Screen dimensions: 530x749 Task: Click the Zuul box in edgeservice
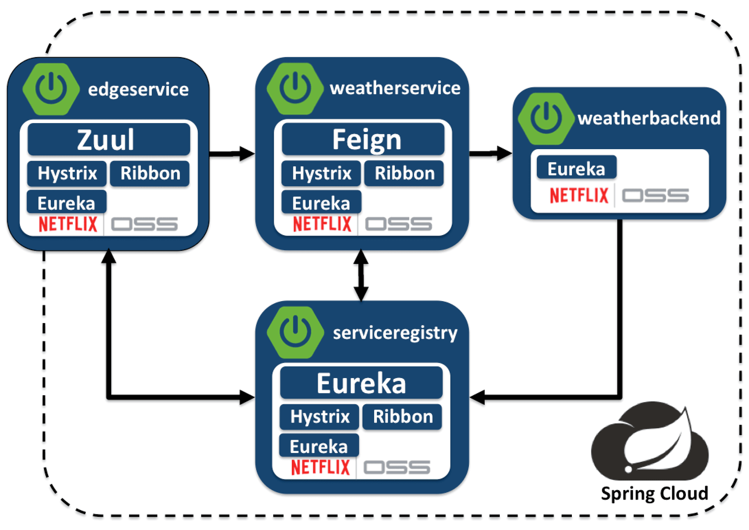[108, 139]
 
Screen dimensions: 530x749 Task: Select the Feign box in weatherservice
[363, 139]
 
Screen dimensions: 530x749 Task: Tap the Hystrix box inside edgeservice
[67, 173]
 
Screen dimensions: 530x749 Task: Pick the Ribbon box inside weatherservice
[404, 173]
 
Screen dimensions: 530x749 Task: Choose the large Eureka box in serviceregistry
[361, 383]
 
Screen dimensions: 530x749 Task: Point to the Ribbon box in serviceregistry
[403, 416]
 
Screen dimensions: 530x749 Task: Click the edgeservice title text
[138, 89]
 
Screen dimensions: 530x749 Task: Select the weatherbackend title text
[649, 118]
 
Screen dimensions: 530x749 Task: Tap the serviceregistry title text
[395, 333]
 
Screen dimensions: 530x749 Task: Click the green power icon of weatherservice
[295, 88]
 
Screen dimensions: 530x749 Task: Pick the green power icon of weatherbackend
[546, 118]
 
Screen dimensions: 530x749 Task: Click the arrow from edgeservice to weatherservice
[232, 153]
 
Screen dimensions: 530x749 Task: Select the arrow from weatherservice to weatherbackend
[490, 153]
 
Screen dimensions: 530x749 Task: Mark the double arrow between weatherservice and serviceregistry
[361, 275]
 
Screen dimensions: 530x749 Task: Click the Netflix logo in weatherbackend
[579, 195]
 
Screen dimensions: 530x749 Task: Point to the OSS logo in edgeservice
[144, 224]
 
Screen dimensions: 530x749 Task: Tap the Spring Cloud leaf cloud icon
[650, 441]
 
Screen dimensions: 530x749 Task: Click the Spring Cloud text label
[654, 493]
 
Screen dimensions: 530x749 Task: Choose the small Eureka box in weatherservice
[321, 203]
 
